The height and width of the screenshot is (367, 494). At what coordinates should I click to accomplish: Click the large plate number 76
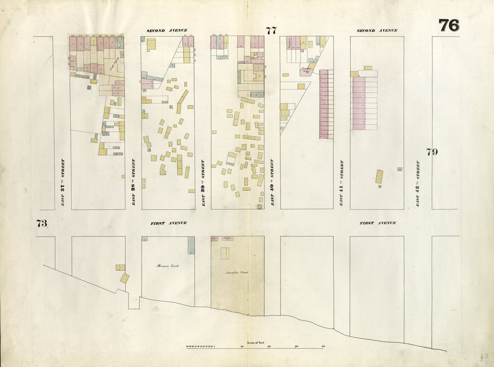(449, 26)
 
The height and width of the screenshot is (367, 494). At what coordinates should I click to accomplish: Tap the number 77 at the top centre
(271, 31)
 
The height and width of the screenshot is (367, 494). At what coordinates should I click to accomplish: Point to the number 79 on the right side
(432, 152)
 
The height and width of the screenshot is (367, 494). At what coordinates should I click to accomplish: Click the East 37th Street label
(63, 183)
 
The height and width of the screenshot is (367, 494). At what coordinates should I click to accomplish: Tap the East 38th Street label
(133, 183)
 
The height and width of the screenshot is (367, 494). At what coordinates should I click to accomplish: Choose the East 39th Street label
(203, 183)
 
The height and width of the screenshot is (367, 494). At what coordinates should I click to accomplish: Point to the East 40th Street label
(272, 183)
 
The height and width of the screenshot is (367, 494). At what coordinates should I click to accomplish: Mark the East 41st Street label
(342, 183)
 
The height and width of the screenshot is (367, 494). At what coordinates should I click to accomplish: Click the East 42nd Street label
(418, 183)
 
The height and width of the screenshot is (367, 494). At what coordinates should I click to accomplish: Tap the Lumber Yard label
(237, 273)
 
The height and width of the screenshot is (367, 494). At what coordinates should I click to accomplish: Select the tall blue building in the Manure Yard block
(191, 245)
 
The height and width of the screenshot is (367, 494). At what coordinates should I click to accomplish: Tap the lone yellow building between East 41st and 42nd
(379, 177)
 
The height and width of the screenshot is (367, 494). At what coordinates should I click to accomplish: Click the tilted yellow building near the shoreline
(124, 278)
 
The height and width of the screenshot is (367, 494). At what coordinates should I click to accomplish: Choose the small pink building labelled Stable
(227, 238)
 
